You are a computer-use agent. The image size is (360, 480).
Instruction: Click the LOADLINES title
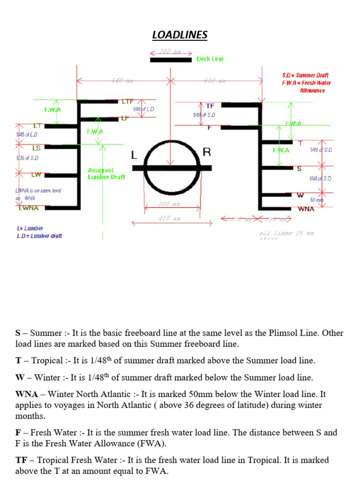pos(180,35)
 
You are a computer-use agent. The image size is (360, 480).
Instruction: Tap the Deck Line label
pos(210,59)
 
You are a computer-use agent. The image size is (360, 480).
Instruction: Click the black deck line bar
pos(171,60)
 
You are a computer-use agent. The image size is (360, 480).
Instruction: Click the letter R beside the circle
pos(207,152)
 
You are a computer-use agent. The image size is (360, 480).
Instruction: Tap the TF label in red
pos(210,106)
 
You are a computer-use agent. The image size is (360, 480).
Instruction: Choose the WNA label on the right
pos(306,209)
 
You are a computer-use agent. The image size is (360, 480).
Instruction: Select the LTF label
pos(127,101)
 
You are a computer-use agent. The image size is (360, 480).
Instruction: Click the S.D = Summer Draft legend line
pos(305,75)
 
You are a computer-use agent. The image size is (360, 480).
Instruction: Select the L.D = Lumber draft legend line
pos(39,236)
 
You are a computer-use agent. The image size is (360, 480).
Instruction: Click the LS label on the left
pos(36,148)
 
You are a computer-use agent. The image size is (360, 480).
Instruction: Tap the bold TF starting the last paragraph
pos(21,460)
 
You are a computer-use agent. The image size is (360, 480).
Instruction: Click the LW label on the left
pos(36,175)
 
